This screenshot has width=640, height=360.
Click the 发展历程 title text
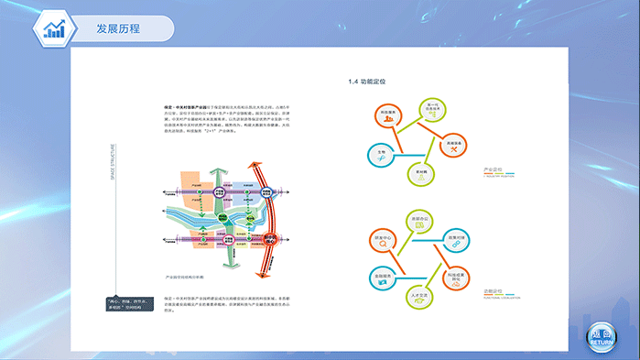(x=118, y=28)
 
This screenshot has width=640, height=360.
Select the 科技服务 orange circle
(x=388, y=116)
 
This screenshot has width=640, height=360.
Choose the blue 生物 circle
(x=380, y=154)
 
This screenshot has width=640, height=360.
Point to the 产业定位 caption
(x=493, y=170)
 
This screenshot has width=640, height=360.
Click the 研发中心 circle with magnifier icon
(x=384, y=243)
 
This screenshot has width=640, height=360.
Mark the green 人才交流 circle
(x=421, y=298)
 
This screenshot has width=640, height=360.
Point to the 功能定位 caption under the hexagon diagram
(x=493, y=294)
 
